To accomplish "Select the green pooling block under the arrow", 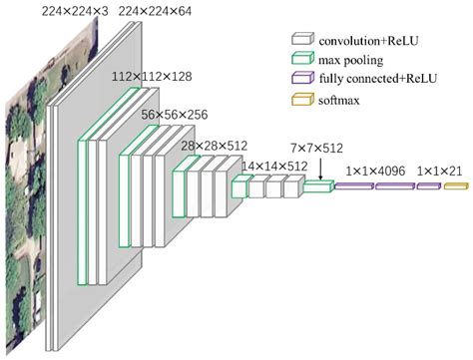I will tap(317, 186).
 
